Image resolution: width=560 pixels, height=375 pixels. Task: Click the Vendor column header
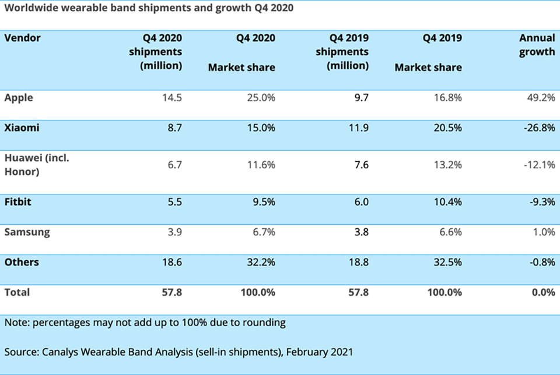[x=23, y=38]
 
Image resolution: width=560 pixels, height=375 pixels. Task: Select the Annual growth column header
[x=537, y=45]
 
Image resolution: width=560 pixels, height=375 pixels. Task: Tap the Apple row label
[x=19, y=98]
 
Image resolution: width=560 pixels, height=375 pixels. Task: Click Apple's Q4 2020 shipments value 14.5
[x=171, y=98]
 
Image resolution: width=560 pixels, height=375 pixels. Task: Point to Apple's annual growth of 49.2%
[x=541, y=98]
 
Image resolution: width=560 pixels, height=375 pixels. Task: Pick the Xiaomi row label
[x=22, y=128]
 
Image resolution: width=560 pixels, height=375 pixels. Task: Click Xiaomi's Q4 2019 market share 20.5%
[x=447, y=128]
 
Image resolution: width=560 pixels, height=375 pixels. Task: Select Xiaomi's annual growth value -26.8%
[x=539, y=128]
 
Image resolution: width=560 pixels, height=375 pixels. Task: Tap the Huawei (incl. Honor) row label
[x=37, y=165]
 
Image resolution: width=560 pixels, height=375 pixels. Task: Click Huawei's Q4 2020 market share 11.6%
[x=261, y=165]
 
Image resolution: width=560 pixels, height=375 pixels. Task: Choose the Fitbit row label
[x=18, y=201]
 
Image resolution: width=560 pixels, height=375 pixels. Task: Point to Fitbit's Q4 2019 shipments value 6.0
[x=362, y=201]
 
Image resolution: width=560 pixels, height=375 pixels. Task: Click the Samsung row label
[x=27, y=232]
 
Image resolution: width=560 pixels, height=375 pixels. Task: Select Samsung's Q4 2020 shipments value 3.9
[x=174, y=232]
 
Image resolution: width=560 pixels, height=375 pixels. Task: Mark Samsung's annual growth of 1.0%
[x=544, y=232]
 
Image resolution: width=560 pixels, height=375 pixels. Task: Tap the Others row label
[x=22, y=262]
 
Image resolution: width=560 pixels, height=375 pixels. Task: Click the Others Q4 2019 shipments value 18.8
[x=358, y=262]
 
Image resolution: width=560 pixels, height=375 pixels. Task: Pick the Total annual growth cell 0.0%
[x=544, y=292]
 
